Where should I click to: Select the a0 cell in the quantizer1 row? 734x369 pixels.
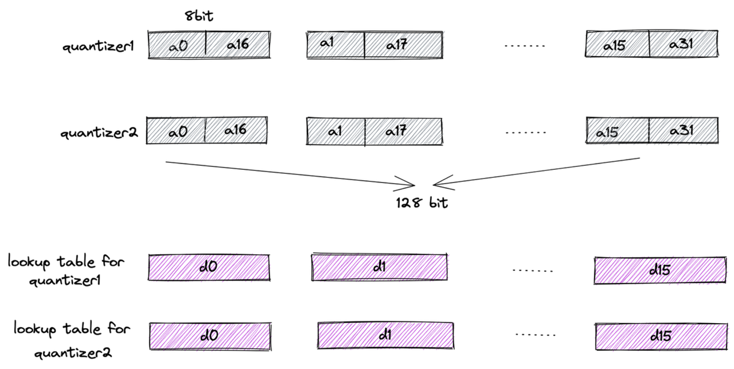pos(177,45)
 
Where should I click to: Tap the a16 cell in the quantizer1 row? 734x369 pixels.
pos(238,45)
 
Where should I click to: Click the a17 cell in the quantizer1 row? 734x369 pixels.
pos(403,45)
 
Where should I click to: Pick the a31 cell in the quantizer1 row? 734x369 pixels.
pos(683,45)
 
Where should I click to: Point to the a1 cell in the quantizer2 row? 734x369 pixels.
pos(336,131)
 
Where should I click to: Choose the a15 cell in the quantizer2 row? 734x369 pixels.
pos(618,131)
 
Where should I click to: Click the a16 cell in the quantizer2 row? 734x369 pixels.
pos(236,130)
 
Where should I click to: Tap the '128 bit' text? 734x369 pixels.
pos(422,203)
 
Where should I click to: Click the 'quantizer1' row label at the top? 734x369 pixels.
pos(98,46)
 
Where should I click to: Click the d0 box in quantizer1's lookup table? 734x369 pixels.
pos(208,267)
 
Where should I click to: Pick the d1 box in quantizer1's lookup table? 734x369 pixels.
pos(379,267)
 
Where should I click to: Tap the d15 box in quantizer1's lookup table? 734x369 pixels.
pos(659,270)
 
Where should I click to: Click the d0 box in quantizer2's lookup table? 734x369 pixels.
pos(210,336)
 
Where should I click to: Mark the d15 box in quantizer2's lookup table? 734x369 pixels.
pos(660,336)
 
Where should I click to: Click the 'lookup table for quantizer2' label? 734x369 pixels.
pos(72,340)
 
